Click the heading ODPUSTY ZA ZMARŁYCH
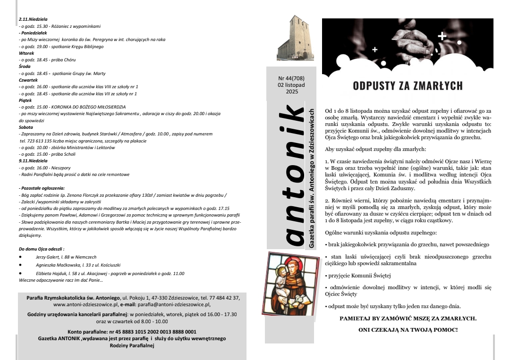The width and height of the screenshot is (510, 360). [x=408, y=86]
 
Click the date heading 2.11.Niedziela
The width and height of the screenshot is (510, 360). [x=30, y=19]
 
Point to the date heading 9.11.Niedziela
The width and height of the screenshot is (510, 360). [x=30, y=161]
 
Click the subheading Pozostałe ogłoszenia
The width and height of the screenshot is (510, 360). [x=38, y=188]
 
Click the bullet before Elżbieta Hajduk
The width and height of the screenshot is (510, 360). [x=20, y=273]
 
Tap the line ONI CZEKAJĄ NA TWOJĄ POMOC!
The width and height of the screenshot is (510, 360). [x=408, y=329]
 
